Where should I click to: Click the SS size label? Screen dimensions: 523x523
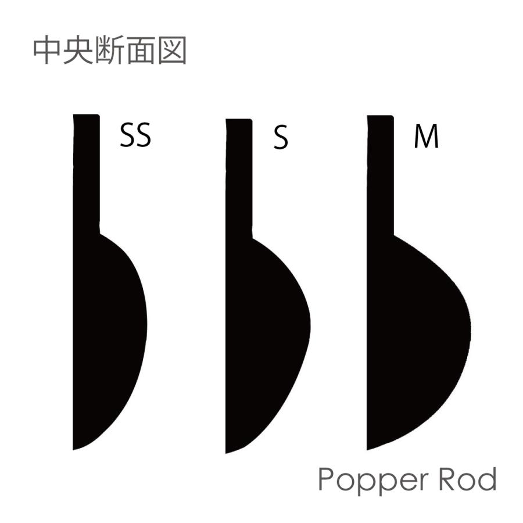pyautogui.click(x=135, y=135)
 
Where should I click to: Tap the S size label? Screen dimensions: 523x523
pyautogui.click(x=281, y=137)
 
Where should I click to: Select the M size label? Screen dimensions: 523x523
pyautogui.click(x=426, y=137)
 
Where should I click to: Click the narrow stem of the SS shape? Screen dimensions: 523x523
pyautogui.click(x=87, y=173)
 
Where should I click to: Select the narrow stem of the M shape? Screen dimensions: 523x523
pyautogui.click(x=380, y=175)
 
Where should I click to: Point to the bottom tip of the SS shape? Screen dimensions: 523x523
pyautogui.click(x=73, y=450)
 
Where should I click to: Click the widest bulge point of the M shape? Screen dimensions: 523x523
pyautogui.click(x=471, y=328)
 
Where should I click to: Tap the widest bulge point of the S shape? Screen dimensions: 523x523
pyautogui.click(x=310, y=325)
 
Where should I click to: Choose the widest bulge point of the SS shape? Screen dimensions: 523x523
pyautogui.click(x=147, y=324)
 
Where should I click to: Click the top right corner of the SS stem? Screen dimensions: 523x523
pyautogui.click(x=99, y=114)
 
